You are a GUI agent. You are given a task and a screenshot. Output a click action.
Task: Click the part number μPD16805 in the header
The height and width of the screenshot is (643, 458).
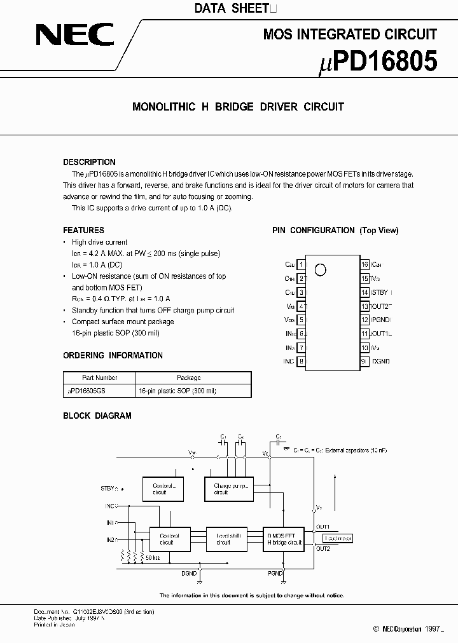click(x=377, y=62)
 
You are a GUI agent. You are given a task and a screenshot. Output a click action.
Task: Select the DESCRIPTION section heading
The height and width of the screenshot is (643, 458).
click(x=89, y=162)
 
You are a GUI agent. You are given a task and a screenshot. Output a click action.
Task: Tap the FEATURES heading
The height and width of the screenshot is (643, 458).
click(x=83, y=230)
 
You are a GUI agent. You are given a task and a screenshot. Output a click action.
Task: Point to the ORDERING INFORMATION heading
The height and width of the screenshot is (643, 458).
click(x=113, y=355)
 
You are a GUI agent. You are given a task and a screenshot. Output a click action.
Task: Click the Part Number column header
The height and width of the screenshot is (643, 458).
click(x=99, y=377)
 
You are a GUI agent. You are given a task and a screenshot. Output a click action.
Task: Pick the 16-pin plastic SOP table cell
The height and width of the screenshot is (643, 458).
click(x=177, y=391)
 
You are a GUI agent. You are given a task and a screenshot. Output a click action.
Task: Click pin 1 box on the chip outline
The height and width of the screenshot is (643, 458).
click(x=301, y=264)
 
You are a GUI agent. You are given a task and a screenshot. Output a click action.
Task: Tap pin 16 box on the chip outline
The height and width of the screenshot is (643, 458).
click(x=364, y=264)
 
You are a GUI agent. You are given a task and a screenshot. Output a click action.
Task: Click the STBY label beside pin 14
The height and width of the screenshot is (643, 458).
click(x=380, y=292)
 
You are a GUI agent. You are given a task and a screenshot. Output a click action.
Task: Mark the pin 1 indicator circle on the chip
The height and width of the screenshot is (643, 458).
click(x=320, y=269)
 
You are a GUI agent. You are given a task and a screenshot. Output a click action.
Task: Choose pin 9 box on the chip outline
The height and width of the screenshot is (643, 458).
click(x=364, y=362)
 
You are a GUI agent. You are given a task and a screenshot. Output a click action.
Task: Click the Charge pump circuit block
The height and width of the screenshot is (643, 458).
click(x=228, y=489)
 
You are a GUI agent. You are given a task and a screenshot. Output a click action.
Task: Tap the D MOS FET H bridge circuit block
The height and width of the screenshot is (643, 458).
click(x=284, y=539)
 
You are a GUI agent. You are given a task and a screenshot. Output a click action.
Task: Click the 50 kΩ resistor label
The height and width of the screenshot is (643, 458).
click(x=153, y=558)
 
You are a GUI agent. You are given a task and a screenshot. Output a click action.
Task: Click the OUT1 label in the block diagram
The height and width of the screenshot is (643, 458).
click(x=323, y=527)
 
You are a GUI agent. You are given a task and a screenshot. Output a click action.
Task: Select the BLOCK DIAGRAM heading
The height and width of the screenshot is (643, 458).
click(x=97, y=416)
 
